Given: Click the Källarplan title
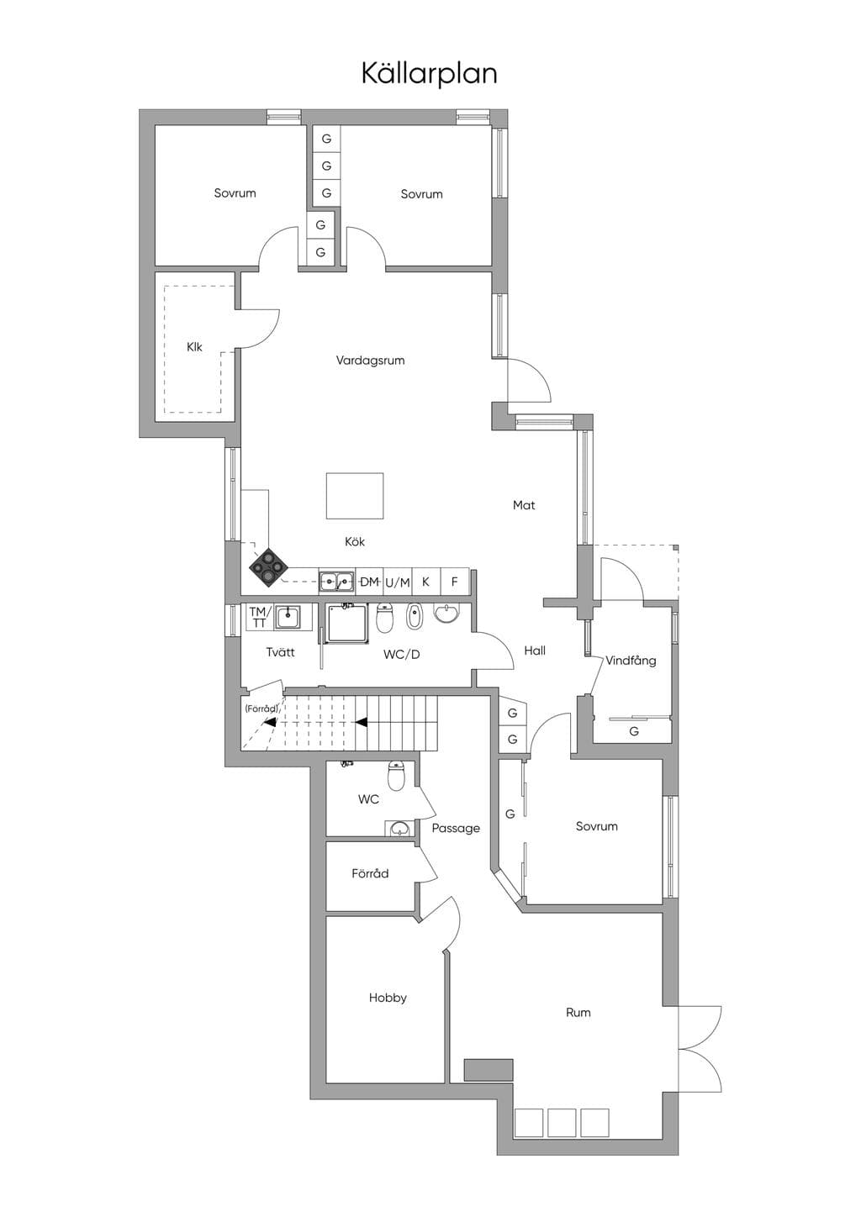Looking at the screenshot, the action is [x=430, y=74].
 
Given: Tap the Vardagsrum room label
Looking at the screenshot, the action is [x=370, y=361].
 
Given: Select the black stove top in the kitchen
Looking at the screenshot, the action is [x=268, y=568].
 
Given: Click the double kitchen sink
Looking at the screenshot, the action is [x=336, y=582].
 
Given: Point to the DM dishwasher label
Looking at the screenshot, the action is [x=369, y=582].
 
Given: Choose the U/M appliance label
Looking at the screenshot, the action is [x=398, y=583].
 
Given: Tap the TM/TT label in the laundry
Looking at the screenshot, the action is [x=259, y=618].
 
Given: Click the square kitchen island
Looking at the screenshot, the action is [x=354, y=496].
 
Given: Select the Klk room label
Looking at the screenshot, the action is [x=194, y=346].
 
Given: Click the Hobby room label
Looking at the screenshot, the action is [x=388, y=998].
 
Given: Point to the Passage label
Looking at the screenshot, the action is [x=456, y=829].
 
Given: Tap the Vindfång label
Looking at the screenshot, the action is [x=631, y=661].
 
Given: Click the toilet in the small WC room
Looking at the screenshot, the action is [x=396, y=777].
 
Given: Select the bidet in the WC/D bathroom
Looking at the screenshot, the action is [x=415, y=616].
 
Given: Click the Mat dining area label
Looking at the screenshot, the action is [x=524, y=505].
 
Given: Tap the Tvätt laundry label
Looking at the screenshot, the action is [x=281, y=652].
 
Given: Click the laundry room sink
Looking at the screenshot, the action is [x=288, y=617].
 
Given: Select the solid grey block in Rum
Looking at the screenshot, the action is [x=489, y=1070].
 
